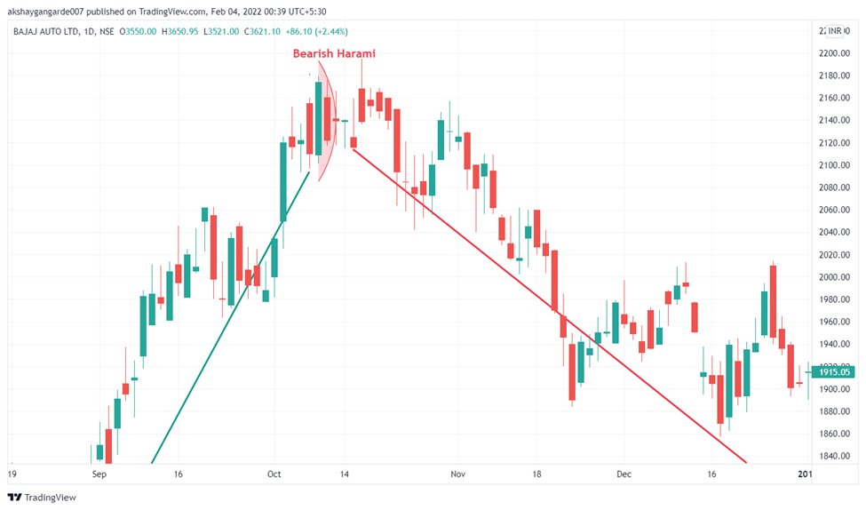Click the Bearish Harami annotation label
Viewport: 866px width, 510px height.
coord(334,53)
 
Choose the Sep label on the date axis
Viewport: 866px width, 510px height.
coord(99,475)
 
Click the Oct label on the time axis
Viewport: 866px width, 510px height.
coord(274,475)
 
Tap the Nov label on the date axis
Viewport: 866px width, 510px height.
coord(457,475)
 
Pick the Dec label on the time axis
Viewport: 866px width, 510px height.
coord(624,475)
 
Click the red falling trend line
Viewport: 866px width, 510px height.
coord(551,307)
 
